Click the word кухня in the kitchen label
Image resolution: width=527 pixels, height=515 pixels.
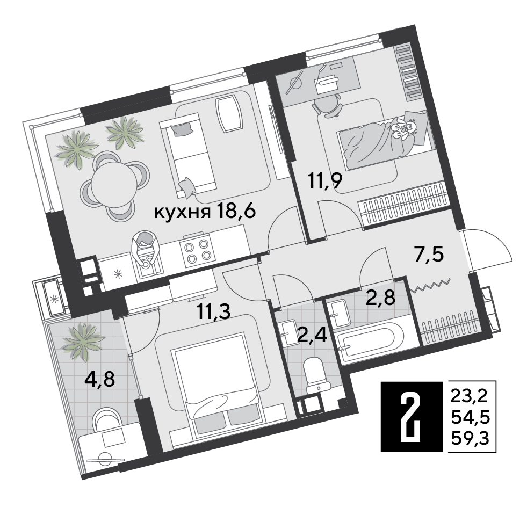[182, 212]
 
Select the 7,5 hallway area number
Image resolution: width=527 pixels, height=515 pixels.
[429, 255]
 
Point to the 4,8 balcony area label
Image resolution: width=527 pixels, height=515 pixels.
[99, 379]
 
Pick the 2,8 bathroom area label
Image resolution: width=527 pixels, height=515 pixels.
[380, 297]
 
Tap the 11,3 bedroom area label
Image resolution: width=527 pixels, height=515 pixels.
[214, 311]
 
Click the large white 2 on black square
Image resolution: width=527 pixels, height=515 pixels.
[412, 416]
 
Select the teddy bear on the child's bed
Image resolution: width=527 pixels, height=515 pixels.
[403, 127]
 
